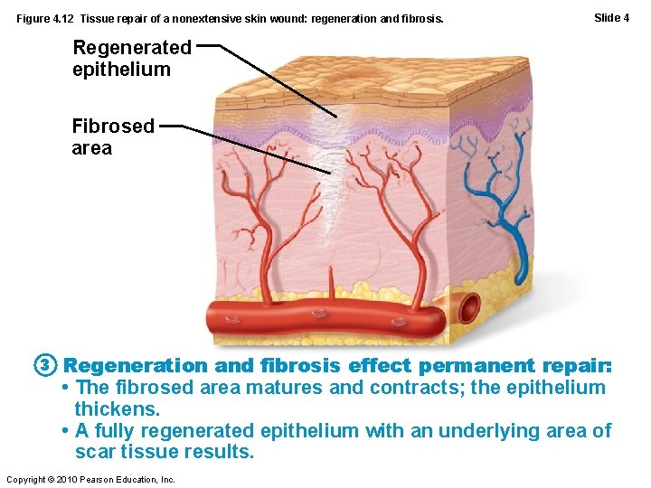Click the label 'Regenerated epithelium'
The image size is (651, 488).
click(132, 58)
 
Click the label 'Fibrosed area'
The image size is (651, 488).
click(113, 136)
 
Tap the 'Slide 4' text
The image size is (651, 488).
click(611, 17)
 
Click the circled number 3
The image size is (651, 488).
click(47, 366)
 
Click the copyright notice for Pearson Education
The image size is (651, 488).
click(90, 479)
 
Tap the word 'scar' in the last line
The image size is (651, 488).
click(95, 452)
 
